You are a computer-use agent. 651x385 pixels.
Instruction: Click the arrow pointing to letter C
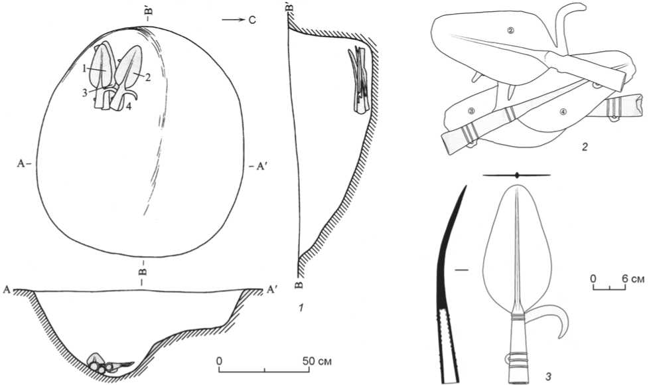point(234,20)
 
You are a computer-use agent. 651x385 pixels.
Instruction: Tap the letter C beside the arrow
point(252,20)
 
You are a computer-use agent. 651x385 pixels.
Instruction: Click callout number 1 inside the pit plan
point(85,68)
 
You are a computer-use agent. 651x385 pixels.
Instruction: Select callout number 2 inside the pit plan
point(147,77)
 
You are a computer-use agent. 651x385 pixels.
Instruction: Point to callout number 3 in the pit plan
point(85,93)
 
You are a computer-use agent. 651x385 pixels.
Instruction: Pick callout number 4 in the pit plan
point(129,106)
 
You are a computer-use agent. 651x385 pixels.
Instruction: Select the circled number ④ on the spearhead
point(563,112)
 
